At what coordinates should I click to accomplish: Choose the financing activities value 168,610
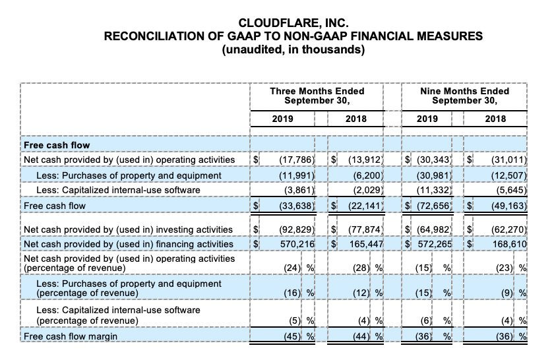507,245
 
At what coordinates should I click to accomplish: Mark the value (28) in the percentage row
361,268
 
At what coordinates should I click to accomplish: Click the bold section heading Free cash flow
57,144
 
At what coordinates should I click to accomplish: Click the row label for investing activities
128,229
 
